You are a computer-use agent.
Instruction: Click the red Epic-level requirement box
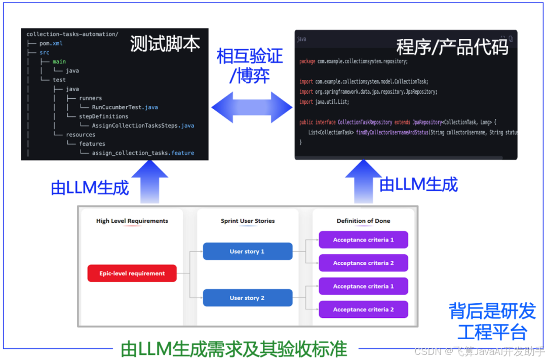tap(132, 273)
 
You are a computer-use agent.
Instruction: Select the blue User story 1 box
tap(248, 251)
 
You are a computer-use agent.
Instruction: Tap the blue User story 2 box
tap(248, 298)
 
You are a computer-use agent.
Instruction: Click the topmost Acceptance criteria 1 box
tap(363, 240)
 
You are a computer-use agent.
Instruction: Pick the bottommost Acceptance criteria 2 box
tap(363, 309)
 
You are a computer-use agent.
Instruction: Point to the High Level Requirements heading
tap(132, 221)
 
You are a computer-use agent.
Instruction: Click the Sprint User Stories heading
tap(248, 221)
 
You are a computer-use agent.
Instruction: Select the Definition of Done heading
tap(363, 221)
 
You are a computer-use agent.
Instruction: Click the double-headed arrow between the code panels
tap(252, 107)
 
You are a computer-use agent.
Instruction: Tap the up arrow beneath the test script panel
tap(150, 180)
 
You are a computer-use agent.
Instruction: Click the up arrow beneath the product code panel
tap(363, 180)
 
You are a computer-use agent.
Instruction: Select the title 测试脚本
tap(165, 44)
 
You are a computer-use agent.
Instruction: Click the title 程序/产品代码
tap(452, 47)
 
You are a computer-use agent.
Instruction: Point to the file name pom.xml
tap(51, 44)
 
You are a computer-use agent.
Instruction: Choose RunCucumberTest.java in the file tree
tap(125, 107)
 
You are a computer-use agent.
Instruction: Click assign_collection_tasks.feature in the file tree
tap(143, 153)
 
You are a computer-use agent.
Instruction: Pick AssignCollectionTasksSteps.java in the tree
tap(143, 126)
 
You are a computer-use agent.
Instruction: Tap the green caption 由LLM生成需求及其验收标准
tap(234, 349)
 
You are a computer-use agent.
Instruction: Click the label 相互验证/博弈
tap(250, 65)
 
